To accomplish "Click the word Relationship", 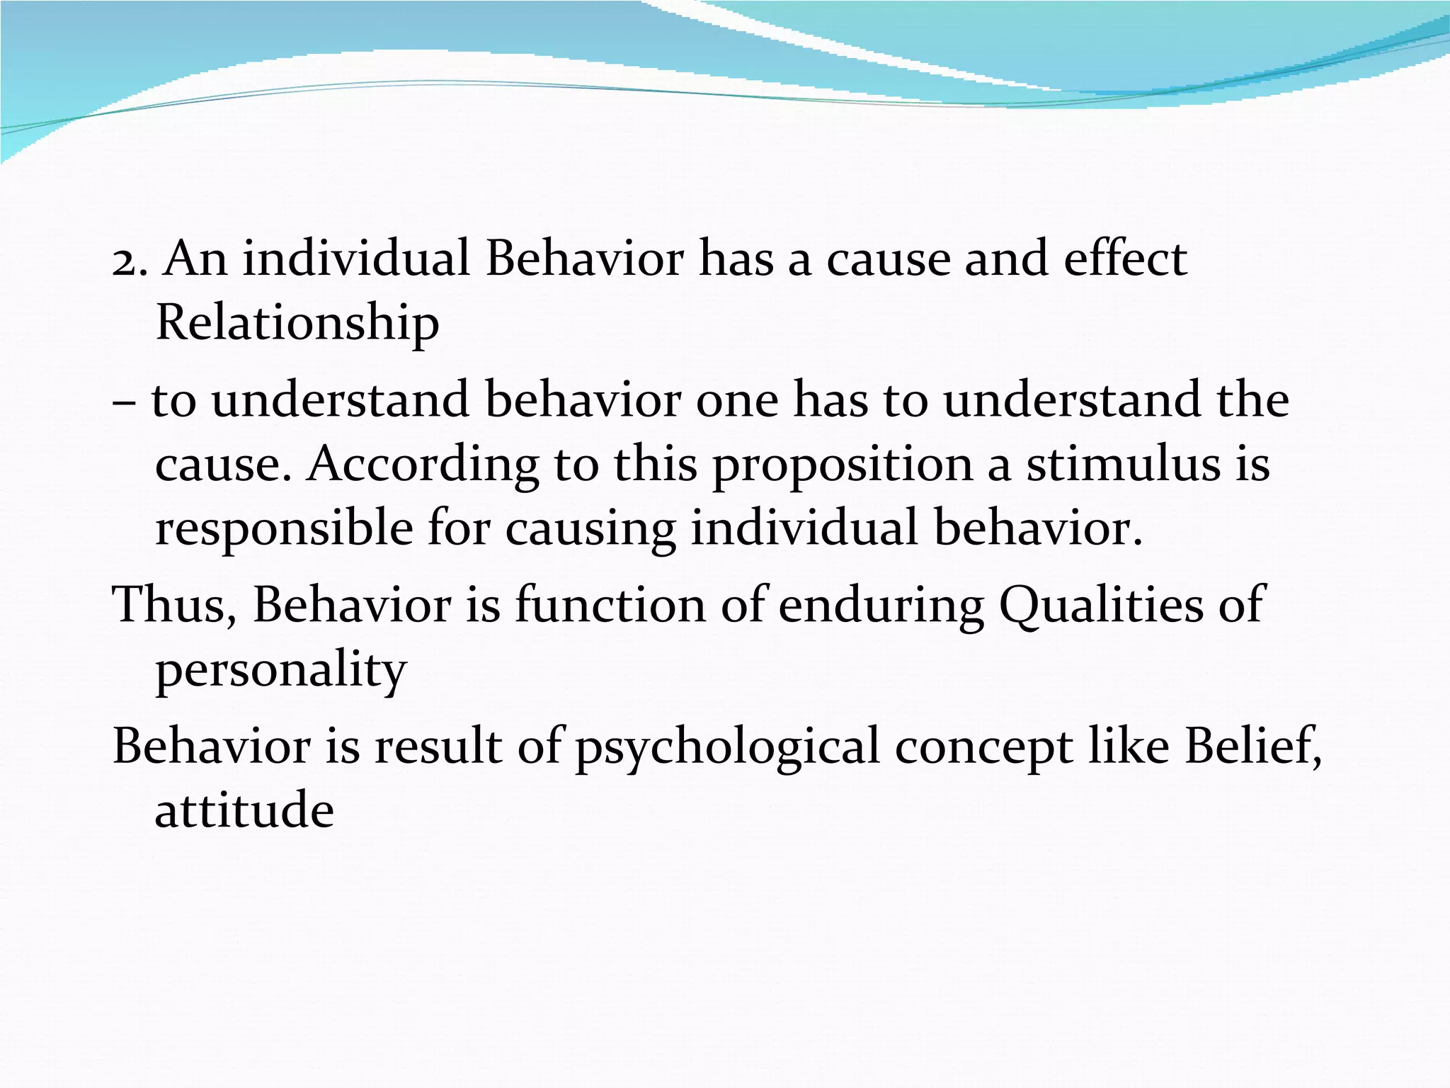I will click(297, 323).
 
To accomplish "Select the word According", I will click(423, 465).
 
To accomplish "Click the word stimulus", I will click(1124, 465).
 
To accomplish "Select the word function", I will click(610, 606).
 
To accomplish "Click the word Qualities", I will click(1100, 606).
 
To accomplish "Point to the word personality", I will click(280, 671).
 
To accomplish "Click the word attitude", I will click(244, 810).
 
